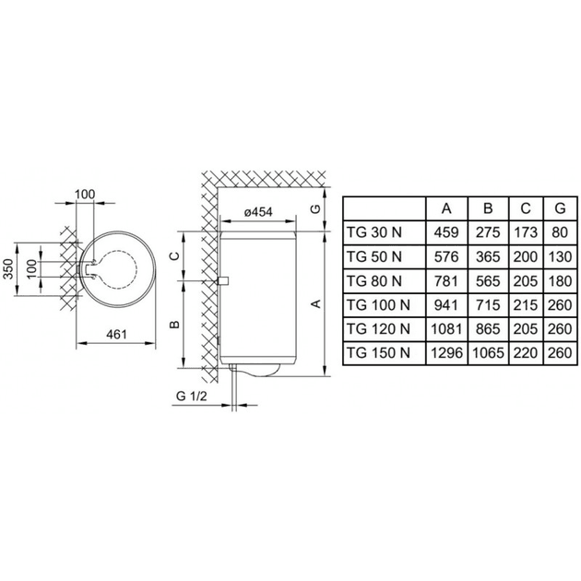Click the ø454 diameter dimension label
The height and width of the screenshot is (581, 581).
[x=258, y=212]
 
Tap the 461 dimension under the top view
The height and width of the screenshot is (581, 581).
[x=116, y=334]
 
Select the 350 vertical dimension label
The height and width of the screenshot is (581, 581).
[x=8, y=269]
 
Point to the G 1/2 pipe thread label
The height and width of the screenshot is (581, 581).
[x=192, y=397]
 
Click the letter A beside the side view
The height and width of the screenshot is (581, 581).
[x=315, y=303]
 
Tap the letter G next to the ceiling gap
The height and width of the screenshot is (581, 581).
[x=315, y=209]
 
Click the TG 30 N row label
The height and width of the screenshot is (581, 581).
[x=373, y=232]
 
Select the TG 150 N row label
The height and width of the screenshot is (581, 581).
[x=378, y=352]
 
